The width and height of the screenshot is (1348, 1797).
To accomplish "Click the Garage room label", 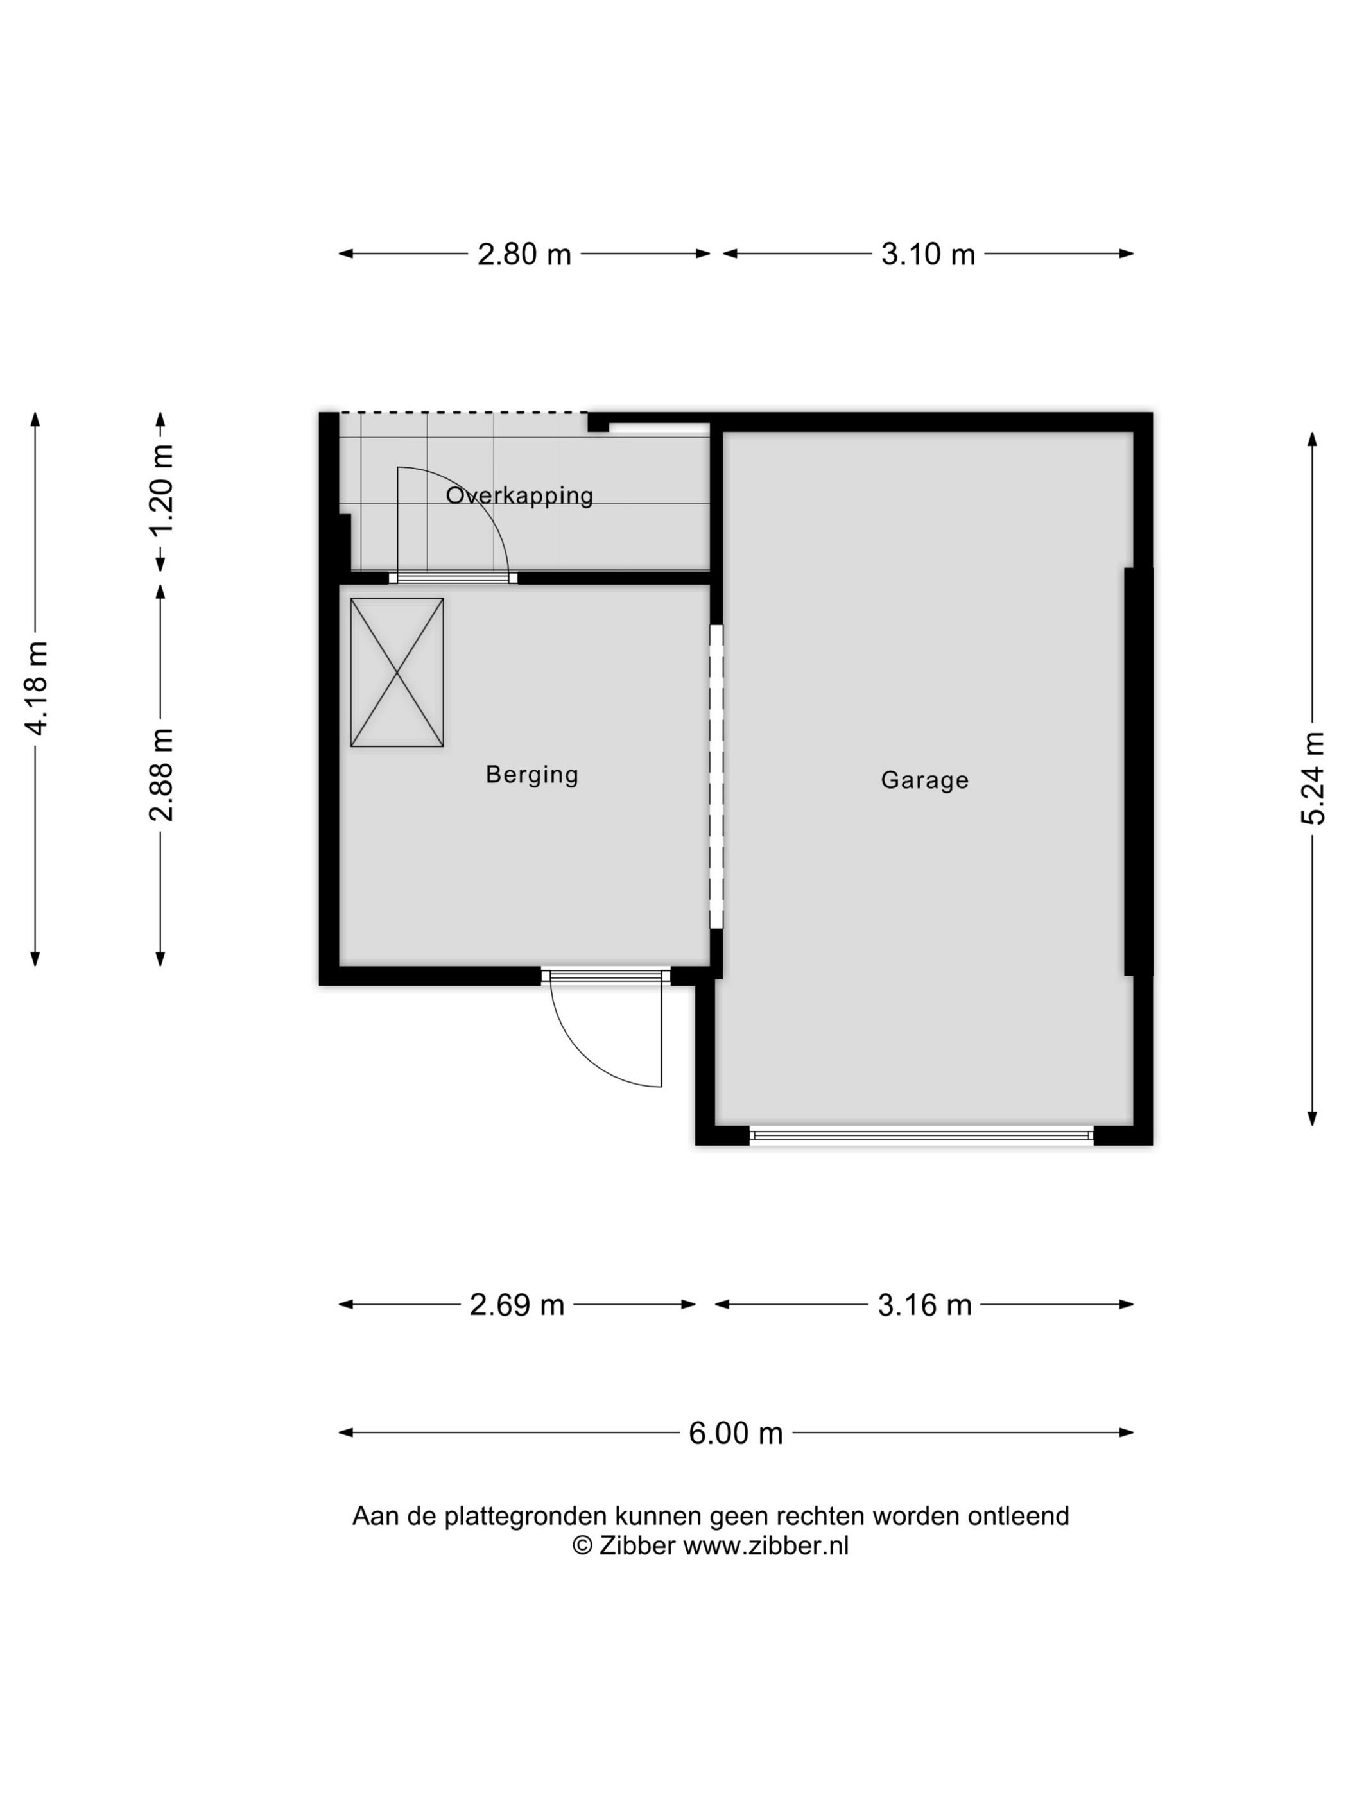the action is pyautogui.click(x=925, y=780).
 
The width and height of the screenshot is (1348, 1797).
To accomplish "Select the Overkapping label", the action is pyautogui.click(x=520, y=495).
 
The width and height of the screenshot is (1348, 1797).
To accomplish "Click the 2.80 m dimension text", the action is pyautogui.click(x=524, y=254).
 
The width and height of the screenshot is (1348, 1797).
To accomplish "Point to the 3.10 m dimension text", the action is pyautogui.click(x=928, y=254).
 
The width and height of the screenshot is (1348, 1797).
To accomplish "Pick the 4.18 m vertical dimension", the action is pyautogui.click(x=37, y=687).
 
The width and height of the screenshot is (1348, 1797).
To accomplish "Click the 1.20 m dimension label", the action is pyautogui.click(x=162, y=489).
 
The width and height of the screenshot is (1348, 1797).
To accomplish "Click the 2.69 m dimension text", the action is pyautogui.click(x=517, y=1305).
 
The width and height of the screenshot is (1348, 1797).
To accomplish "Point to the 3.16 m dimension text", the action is pyautogui.click(x=925, y=1305).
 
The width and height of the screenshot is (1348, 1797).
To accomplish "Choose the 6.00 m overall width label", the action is pyautogui.click(x=736, y=1433).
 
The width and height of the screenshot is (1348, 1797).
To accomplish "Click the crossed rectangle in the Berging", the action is pyautogui.click(x=397, y=673).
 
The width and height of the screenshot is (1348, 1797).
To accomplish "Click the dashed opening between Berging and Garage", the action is pyautogui.click(x=716, y=776).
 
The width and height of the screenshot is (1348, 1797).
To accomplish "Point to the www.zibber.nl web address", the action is pyautogui.click(x=765, y=1545).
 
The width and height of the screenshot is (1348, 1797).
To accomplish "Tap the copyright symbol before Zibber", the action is pyautogui.click(x=582, y=1545).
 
